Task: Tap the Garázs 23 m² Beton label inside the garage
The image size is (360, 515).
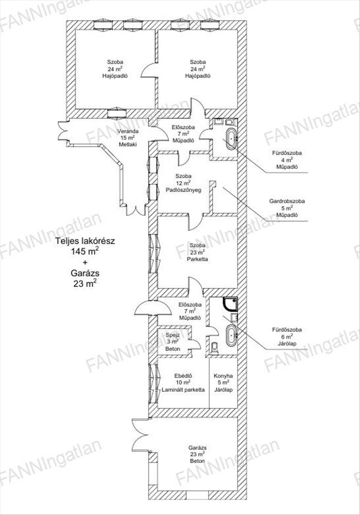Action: click(197, 454)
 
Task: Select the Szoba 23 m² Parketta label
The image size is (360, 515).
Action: click(197, 252)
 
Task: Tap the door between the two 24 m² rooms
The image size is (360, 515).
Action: click(149, 71)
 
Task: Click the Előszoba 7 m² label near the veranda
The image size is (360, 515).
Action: click(183, 133)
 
